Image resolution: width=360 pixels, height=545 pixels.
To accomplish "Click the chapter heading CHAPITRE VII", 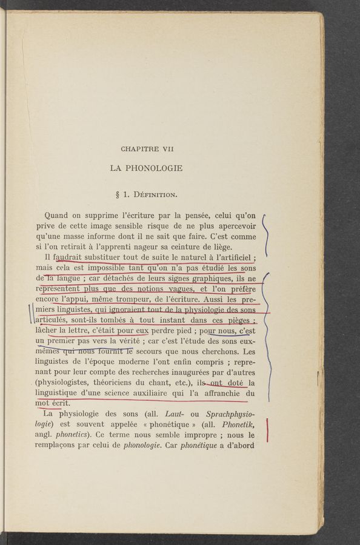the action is (x=147, y=148).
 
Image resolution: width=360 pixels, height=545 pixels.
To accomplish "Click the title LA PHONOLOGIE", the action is (x=146, y=168).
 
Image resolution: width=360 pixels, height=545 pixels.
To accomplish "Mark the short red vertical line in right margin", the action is (x=267, y=434).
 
